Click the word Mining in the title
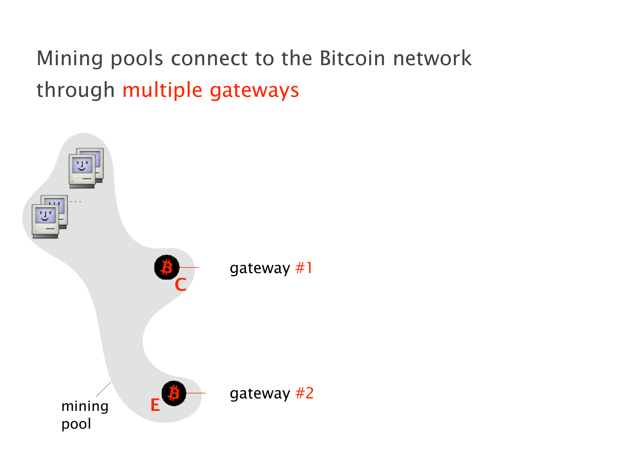(x=70, y=59)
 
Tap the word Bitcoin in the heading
(x=352, y=58)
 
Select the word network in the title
(x=432, y=58)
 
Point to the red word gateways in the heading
(x=254, y=91)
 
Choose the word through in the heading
(x=76, y=90)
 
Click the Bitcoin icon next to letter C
(x=167, y=267)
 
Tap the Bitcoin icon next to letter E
(x=174, y=393)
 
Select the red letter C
(x=180, y=285)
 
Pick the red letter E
(x=155, y=405)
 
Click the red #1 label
(x=304, y=268)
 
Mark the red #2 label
(x=304, y=393)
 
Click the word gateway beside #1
(x=260, y=268)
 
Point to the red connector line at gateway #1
(x=189, y=267)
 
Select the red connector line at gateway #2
(x=196, y=393)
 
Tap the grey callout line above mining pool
(x=104, y=389)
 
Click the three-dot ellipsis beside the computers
(x=76, y=201)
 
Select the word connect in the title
(x=209, y=58)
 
